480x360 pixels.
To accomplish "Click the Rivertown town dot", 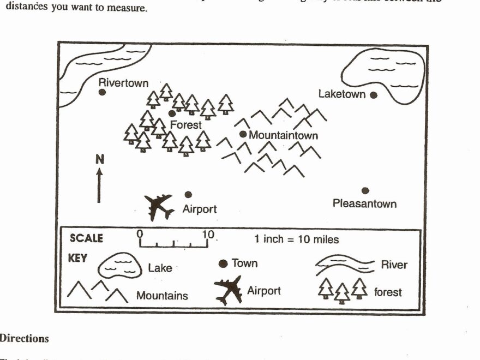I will pyautogui.click(x=102, y=92).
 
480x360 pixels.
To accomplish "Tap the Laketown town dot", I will pyautogui.click(x=374, y=95).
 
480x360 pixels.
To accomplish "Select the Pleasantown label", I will pyautogui.click(x=364, y=204).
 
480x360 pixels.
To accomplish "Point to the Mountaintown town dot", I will pyautogui.click(x=243, y=134).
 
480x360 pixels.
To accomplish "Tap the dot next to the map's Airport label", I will pyautogui.click(x=188, y=194).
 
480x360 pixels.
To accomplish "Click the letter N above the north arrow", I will pyautogui.click(x=99, y=159).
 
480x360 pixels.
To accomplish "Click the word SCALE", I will pyautogui.click(x=86, y=238).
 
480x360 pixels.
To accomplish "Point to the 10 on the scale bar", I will pyautogui.click(x=208, y=235).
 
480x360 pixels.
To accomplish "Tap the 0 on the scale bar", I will pyautogui.click(x=140, y=233).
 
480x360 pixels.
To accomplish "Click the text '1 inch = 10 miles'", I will pyautogui.click(x=296, y=239).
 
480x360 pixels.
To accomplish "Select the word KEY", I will pyautogui.click(x=77, y=259).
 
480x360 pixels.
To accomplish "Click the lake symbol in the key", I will pyautogui.click(x=118, y=267).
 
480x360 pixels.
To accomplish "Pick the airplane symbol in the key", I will pyautogui.click(x=229, y=289).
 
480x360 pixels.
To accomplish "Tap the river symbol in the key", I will pyautogui.click(x=345, y=265).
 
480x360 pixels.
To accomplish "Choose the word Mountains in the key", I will pyautogui.click(x=162, y=296).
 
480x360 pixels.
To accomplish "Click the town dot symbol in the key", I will pyautogui.click(x=223, y=264).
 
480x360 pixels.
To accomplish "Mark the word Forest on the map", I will pyautogui.click(x=185, y=125).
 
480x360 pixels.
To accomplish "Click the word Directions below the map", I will pyautogui.click(x=25, y=338).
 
